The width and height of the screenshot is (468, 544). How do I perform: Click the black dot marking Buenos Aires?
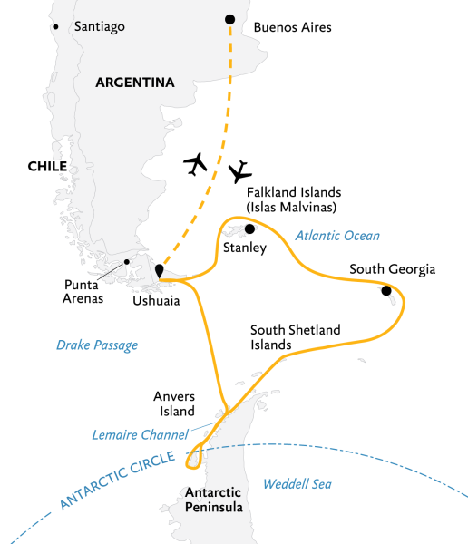click(x=229, y=20)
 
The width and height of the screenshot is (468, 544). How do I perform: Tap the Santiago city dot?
click(x=56, y=27)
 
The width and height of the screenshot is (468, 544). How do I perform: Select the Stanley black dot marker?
click(x=249, y=229)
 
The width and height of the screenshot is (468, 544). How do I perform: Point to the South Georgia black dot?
click(x=386, y=290)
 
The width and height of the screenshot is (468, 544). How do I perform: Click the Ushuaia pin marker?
click(x=160, y=271)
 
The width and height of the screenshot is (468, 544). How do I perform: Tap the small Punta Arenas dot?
click(x=127, y=263)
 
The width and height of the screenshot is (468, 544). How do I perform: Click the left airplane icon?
click(x=196, y=163)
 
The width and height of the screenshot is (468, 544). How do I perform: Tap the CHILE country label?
click(x=48, y=166)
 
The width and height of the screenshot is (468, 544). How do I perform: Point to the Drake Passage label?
click(x=97, y=345)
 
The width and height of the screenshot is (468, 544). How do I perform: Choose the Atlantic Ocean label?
click(x=337, y=236)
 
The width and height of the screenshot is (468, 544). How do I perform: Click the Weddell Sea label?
click(x=297, y=484)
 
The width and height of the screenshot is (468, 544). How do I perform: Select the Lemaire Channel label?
click(x=140, y=434)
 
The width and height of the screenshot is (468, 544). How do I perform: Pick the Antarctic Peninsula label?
click(x=213, y=500)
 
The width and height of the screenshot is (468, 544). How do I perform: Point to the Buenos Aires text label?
click(x=293, y=27)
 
